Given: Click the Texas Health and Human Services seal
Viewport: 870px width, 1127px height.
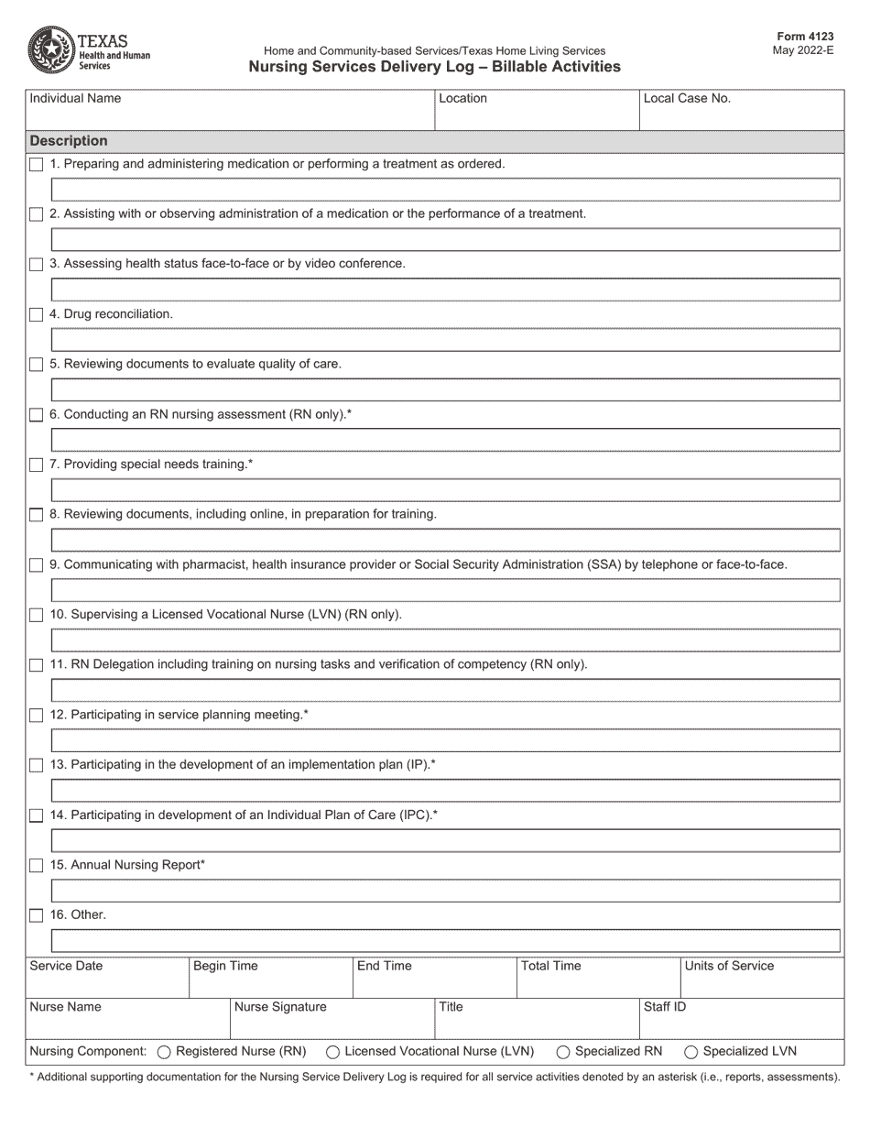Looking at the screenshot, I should (52, 49).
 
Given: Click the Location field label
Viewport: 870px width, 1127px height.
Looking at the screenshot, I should (462, 99).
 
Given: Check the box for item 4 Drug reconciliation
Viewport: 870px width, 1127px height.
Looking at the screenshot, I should (36, 315).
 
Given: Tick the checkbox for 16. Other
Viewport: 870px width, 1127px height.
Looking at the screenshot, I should (36, 915).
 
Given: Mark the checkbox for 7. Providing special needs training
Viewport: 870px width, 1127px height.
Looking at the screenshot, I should (36, 465).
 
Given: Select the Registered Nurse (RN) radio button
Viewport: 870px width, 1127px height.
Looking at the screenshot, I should (165, 1052).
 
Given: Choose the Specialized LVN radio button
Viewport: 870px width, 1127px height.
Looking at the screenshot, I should (691, 1052).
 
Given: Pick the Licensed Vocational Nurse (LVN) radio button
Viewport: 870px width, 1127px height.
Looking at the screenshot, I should (333, 1052).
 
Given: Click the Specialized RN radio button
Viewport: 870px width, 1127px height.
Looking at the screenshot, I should (563, 1052).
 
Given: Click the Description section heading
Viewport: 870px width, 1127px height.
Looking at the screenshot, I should (69, 141).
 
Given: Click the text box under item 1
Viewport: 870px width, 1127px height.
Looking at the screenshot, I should (445, 190).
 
